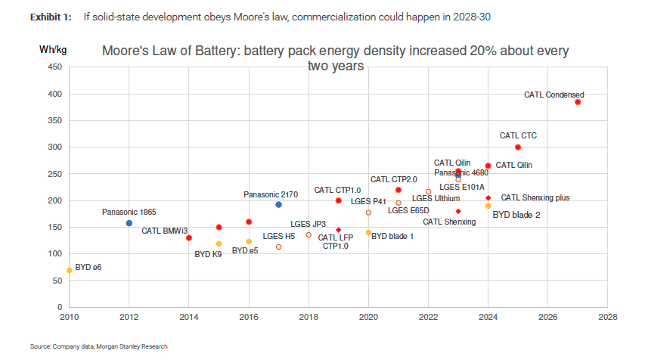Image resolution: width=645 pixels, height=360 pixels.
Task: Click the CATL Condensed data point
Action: (578, 102)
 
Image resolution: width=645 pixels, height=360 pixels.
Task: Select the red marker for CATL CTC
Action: (518, 147)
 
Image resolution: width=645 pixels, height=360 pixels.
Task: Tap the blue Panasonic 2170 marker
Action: (278, 205)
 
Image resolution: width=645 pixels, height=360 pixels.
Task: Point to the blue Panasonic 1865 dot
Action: (129, 223)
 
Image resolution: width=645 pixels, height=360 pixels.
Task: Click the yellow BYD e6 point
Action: (70, 270)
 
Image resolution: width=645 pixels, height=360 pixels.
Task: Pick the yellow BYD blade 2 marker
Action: (488, 206)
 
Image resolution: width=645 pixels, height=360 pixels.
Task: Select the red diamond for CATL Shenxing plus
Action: (488, 198)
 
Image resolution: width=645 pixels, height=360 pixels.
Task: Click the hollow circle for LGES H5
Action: (278, 247)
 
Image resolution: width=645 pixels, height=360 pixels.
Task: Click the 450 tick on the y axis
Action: (54, 67)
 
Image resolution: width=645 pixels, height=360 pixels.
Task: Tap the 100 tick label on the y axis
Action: (54, 253)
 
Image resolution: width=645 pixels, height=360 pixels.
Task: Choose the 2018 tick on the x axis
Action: (309, 317)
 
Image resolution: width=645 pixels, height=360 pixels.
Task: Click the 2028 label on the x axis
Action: (607, 317)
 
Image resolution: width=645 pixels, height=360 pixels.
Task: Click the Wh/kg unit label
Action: (53, 50)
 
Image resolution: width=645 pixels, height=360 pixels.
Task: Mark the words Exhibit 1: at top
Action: (51, 16)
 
